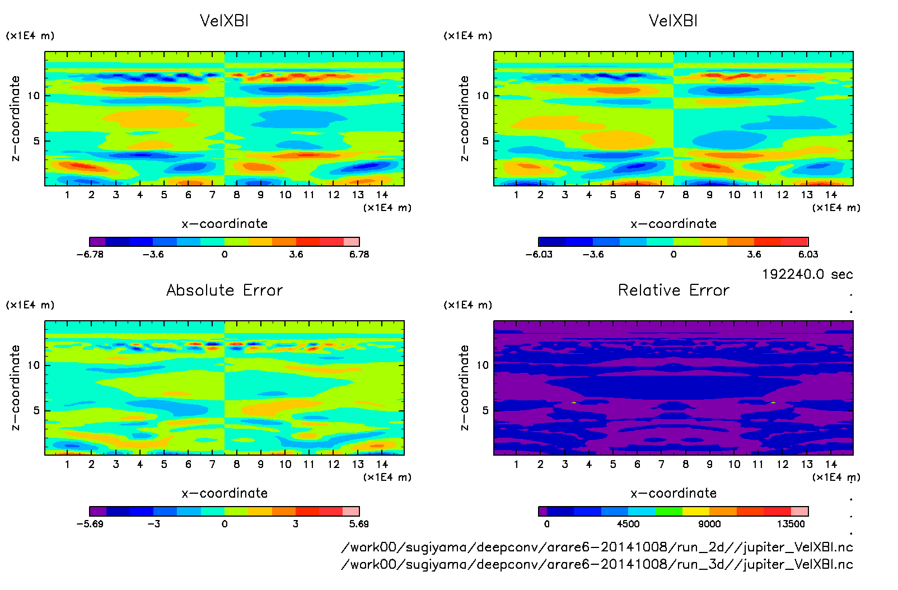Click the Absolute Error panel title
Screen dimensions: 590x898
(x=225, y=290)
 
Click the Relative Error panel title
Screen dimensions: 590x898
(x=673, y=290)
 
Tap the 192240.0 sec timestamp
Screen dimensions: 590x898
(x=807, y=274)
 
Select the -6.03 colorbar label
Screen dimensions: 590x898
(x=539, y=254)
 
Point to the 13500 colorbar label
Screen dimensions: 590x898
(x=791, y=524)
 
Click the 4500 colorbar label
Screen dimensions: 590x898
(x=628, y=524)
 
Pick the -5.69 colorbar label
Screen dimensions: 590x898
(x=90, y=524)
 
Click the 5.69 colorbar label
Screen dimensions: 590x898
(x=359, y=524)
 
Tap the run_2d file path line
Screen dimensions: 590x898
(x=597, y=547)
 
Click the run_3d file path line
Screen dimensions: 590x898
(x=597, y=564)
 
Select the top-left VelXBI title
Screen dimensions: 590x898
(x=224, y=21)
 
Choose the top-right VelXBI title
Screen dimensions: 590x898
(x=673, y=21)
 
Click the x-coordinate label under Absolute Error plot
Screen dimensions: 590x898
(x=225, y=493)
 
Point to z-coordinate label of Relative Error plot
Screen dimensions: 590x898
(x=464, y=387)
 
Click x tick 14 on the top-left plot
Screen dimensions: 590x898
(x=382, y=195)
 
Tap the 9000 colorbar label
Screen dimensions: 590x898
(x=709, y=524)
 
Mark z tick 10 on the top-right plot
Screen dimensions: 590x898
(x=483, y=96)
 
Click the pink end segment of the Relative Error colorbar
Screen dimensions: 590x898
(x=799, y=511)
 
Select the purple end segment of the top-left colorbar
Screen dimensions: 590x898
(x=97, y=242)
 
